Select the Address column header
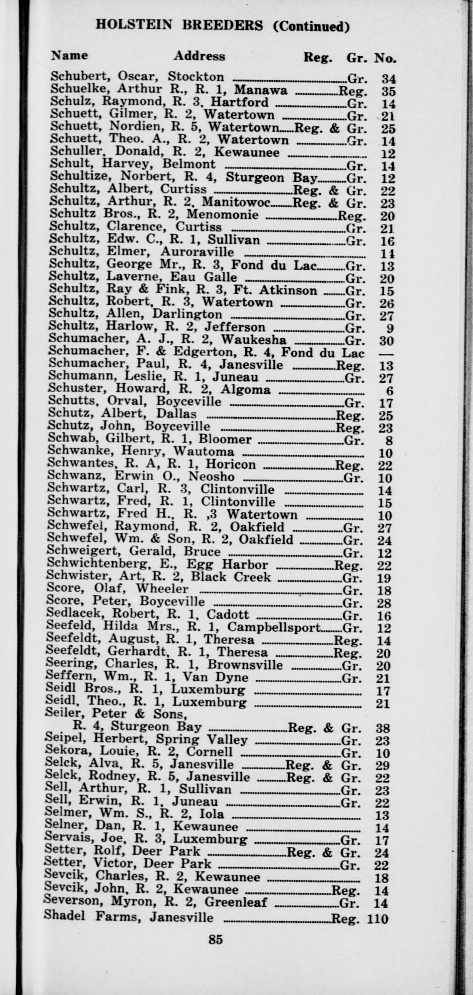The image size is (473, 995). point(199,56)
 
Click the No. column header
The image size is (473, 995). point(384,58)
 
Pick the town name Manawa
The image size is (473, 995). point(261,90)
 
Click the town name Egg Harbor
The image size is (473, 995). point(227,565)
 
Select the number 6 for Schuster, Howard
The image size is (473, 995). point(389,391)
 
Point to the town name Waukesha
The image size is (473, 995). point(254,340)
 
